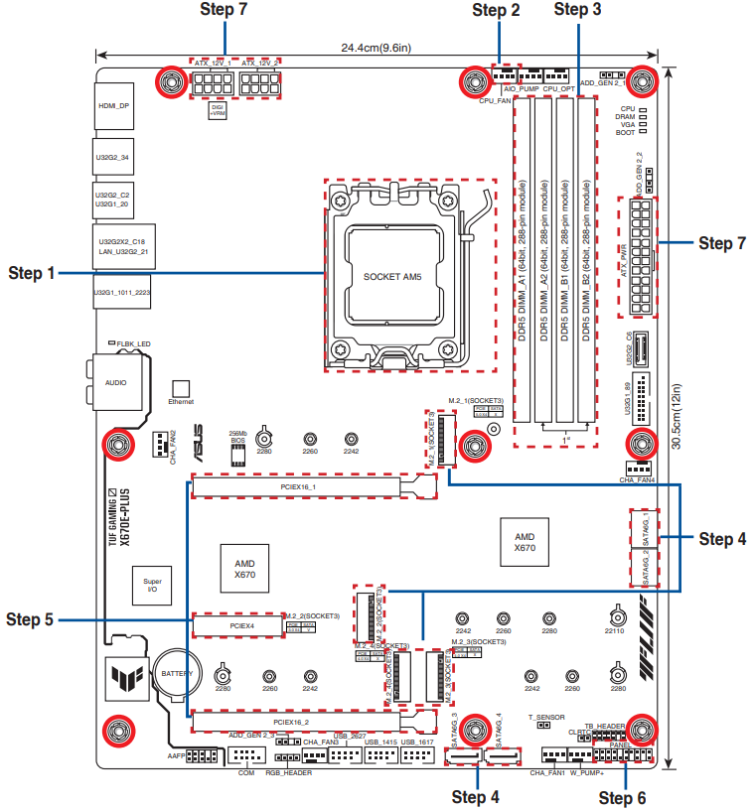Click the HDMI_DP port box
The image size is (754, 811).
(x=113, y=106)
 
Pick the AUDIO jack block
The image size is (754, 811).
(x=116, y=381)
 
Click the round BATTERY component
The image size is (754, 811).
(x=178, y=675)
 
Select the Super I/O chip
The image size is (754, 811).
(x=152, y=587)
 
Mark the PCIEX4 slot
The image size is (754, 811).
(x=242, y=625)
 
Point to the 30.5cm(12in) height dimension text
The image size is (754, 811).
(x=677, y=417)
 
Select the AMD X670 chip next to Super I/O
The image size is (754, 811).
(x=244, y=568)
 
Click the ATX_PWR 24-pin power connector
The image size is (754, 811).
(x=639, y=255)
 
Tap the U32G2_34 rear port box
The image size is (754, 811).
(x=112, y=157)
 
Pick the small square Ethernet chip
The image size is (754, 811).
(x=180, y=388)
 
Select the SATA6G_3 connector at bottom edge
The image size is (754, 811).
(x=464, y=760)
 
